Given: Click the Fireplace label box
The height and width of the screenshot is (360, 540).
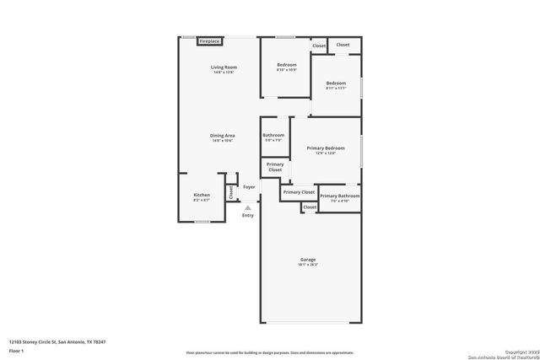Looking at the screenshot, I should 209,40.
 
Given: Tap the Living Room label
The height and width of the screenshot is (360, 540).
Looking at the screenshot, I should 224,67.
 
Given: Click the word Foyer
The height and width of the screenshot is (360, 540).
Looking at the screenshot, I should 249,186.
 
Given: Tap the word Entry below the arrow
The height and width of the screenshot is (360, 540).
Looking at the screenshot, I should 248,216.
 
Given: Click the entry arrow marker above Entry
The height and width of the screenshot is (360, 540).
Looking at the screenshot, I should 248,206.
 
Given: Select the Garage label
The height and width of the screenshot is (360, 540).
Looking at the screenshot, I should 307,260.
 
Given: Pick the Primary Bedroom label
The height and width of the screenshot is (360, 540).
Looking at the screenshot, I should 326,148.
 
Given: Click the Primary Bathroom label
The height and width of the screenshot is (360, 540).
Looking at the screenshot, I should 339,196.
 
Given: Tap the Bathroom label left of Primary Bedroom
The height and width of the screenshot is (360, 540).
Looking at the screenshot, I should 273,135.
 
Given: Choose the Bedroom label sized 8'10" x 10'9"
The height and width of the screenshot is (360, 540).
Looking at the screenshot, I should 287,64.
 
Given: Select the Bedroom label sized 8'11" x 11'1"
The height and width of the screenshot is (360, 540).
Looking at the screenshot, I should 336,83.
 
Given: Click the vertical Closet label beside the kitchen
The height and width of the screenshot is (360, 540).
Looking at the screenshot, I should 231,191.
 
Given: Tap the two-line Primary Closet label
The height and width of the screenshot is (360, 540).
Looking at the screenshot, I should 275,167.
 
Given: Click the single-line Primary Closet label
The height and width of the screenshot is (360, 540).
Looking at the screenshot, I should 299,191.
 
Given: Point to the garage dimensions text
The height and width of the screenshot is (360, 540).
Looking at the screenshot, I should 307,265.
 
